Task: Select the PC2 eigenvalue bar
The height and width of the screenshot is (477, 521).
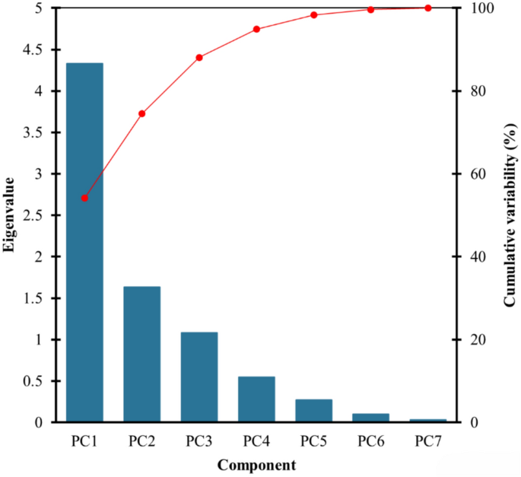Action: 141,354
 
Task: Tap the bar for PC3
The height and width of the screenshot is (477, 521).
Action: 199,377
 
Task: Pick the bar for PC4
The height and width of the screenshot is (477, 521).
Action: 256,399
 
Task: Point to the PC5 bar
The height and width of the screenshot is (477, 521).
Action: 313,410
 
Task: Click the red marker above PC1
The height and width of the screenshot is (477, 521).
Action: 84,198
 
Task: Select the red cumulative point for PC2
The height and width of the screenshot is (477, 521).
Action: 141,113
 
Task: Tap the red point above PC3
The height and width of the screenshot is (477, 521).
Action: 199,58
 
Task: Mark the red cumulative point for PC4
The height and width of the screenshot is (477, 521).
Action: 256,29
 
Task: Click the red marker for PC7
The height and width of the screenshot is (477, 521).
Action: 427,8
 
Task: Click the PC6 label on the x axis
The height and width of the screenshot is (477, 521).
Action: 370,440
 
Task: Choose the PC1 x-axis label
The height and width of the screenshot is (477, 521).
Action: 84,440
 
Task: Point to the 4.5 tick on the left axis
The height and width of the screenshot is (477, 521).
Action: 35,49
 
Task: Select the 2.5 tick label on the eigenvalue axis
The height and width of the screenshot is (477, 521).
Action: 35,215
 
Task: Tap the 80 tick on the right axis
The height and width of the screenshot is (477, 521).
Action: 472,91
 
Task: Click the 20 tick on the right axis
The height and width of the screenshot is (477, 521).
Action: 472,339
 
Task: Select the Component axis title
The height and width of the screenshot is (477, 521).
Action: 256,464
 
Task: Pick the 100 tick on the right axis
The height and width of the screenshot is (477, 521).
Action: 475,8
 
